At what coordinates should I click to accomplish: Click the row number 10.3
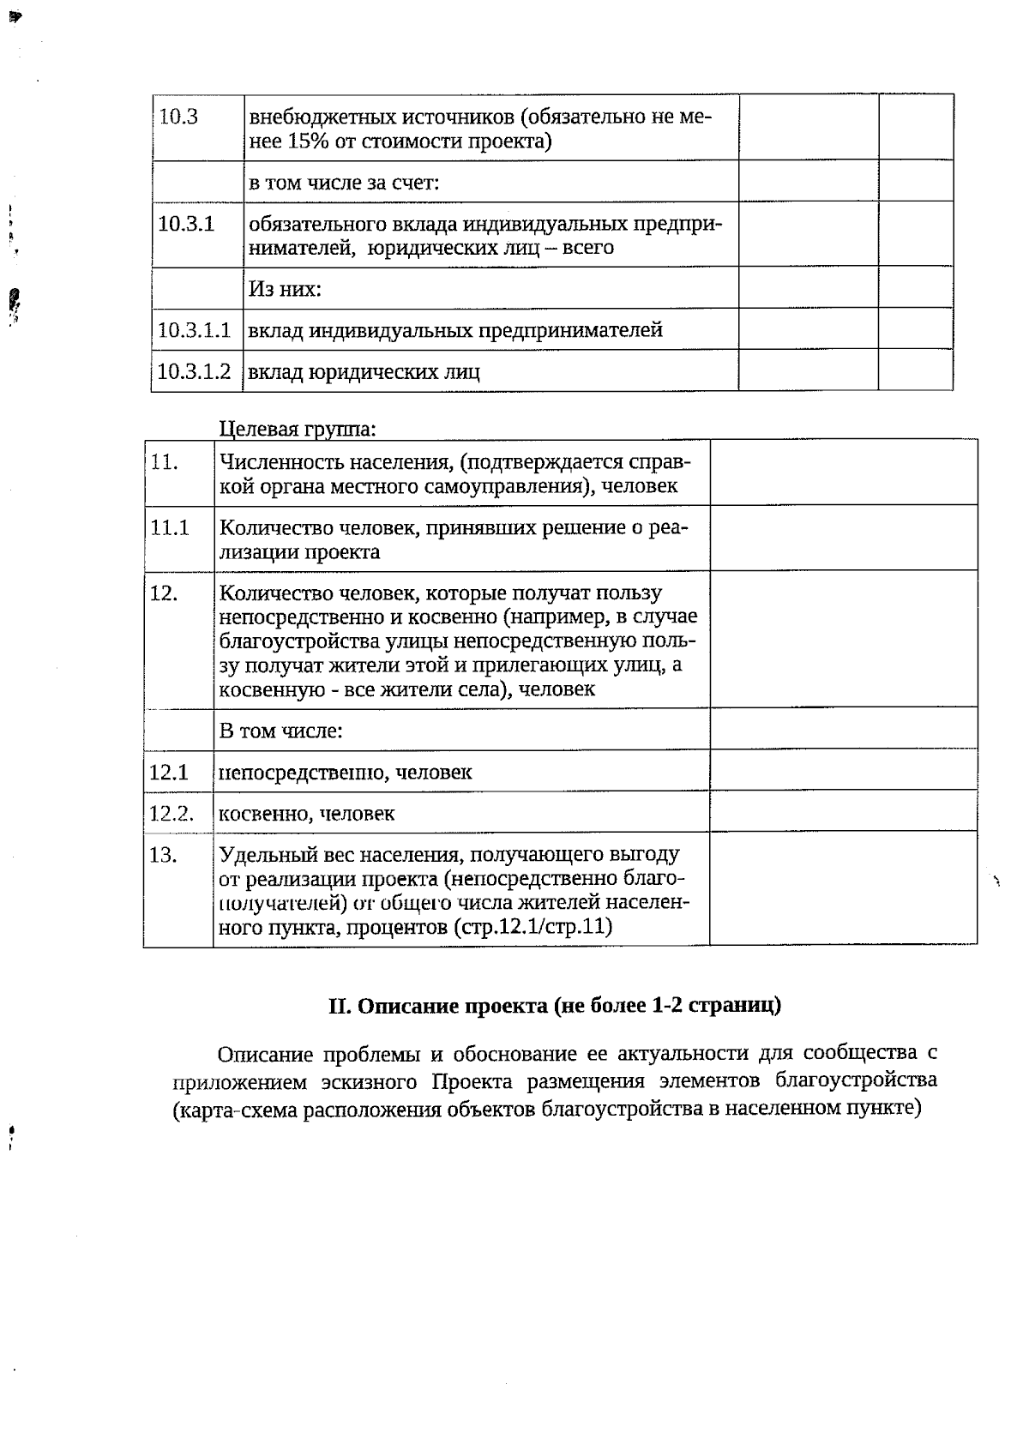178,117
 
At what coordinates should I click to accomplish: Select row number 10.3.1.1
194,330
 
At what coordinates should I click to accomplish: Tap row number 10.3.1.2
194,371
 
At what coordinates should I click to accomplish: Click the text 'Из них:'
285,289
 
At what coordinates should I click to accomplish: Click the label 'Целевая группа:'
298,428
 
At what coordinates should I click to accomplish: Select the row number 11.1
169,527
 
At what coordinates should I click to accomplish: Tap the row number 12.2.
171,813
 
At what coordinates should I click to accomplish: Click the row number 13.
163,855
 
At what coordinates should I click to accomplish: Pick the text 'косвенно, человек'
307,814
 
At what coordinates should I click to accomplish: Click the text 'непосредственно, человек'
346,773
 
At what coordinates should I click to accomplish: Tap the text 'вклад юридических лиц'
364,372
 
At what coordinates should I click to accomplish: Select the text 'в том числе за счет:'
344,183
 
